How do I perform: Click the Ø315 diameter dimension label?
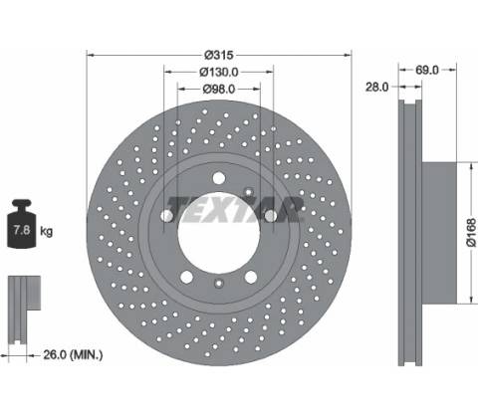[x=219, y=55]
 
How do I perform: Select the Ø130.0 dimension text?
[x=219, y=72]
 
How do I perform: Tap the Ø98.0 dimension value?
[x=219, y=89]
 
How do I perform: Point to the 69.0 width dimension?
[x=427, y=70]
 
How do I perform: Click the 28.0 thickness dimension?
[x=376, y=87]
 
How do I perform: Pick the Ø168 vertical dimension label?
[x=471, y=232]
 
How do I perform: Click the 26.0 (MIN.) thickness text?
[x=73, y=355]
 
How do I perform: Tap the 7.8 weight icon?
[x=22, y=224]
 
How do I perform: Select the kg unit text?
[x=46, y=231]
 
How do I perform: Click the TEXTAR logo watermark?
[x=235, y=209]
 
